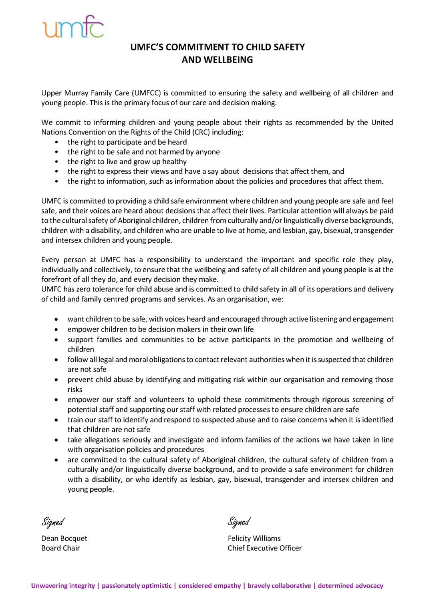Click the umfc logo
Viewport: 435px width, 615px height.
(73, 27)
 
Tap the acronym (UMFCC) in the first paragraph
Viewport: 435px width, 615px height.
(146, 93)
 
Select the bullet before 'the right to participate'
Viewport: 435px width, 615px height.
(56, 142)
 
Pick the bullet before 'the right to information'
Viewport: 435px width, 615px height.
(56, 181)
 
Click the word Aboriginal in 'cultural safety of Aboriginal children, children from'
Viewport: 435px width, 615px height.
(136, 221)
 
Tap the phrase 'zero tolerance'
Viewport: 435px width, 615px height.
(84, 289)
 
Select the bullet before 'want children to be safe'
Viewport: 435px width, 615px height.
(56, 320)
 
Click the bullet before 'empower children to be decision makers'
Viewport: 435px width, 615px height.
(56, 330)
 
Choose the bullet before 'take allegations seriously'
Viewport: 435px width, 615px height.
(56, 440)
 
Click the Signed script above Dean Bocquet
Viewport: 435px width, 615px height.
(53, 522)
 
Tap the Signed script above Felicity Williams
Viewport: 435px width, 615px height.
(239, 522)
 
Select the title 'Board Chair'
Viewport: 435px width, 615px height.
(60, 548)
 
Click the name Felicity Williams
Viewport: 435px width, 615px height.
(254, 539)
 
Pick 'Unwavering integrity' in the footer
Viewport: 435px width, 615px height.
(63, 586)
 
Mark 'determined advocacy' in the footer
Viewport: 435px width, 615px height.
(350, 586)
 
